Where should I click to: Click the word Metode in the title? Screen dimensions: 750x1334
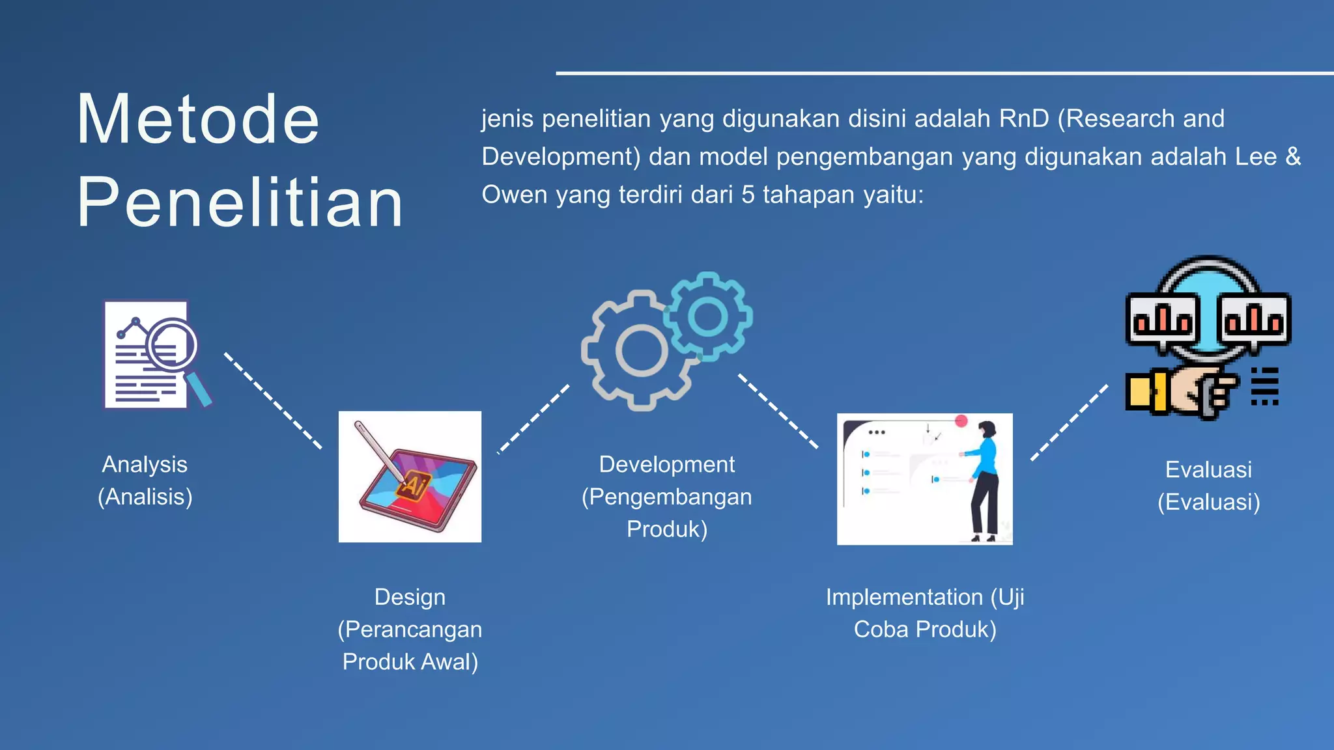pos(198,120)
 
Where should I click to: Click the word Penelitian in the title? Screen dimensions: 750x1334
pos(240,203)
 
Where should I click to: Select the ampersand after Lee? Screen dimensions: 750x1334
pos(1292,157)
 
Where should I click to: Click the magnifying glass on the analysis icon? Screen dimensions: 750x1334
pos(173,345)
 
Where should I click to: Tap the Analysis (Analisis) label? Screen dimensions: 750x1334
pos(145,480)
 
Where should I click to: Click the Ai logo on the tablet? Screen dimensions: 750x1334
pos(414,486)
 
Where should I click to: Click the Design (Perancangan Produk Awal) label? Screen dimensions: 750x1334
pos(410,629)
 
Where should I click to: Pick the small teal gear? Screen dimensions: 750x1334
pos(708,316)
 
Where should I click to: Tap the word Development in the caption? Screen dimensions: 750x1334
pos(666,465)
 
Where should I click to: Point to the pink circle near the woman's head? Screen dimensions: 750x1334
pos(961,421)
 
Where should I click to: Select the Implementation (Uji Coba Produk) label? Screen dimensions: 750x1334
pos(925,613)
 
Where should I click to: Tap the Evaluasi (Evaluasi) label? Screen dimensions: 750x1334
pos(1208,486)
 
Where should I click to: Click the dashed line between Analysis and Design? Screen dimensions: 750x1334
pos(273,401)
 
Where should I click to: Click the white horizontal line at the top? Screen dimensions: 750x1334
pos(944,73)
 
